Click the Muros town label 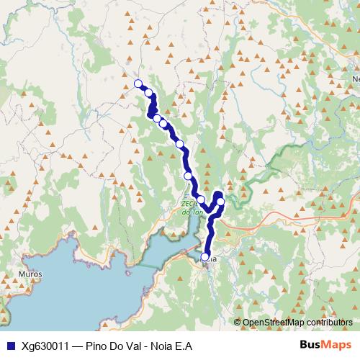pyautogui.click(x=32, y=274)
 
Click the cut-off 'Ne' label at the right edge pyautogui.click(x=355, y=79)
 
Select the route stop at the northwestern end pyautogui.click(x=139, y=84)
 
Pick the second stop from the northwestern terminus pyautogui.click(x=149, y=92)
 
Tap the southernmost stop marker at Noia pyautogui.click(x=205, y=257)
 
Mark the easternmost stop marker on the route pyautogui.click(x=221, y=202)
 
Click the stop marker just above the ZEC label pyautogui.click(x=202, y=199)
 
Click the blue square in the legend pyautogui.click(x=8, y=346)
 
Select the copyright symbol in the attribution pyautogui.click(x=238, y=322)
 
